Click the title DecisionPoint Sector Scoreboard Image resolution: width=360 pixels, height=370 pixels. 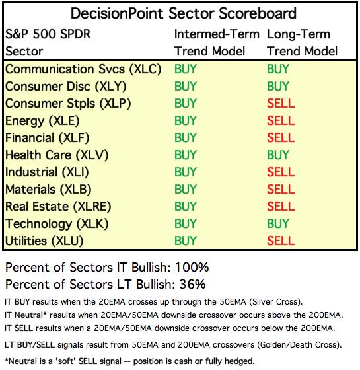click(x=184, y=13)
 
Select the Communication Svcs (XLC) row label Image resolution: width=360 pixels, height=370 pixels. click(x=83, y=69)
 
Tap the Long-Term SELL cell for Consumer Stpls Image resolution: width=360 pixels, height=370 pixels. click(x=281, y=103)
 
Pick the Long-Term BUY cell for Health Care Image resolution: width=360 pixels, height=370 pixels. click(x=278, y=155)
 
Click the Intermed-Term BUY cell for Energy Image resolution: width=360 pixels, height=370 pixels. click(x=186, y=120)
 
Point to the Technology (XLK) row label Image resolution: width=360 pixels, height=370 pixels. click(x=57, y=224)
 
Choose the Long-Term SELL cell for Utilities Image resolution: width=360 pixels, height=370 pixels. click(x=281, y=240)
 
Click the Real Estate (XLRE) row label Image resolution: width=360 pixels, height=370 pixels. click(x=58, y=206)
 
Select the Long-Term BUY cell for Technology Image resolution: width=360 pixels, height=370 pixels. click(x=278, y=223)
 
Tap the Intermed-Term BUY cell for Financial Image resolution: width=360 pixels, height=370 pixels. click(x=186, y=137)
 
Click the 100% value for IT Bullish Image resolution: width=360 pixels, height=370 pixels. click(x=192, y=267)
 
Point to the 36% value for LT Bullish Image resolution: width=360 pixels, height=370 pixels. click(x=192, y=284)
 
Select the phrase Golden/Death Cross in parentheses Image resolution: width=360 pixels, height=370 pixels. click(x=299, y=345)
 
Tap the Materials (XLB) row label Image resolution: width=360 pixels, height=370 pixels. click(x=48, y=190)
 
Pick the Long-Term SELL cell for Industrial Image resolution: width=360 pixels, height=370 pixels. click(x=281, y=172)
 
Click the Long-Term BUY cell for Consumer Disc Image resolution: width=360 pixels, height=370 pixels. click(x=278, y=86)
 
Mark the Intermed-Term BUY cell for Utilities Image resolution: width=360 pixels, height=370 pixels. click(x=186, y=240)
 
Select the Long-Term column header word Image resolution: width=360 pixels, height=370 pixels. click(x=299, y=34)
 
